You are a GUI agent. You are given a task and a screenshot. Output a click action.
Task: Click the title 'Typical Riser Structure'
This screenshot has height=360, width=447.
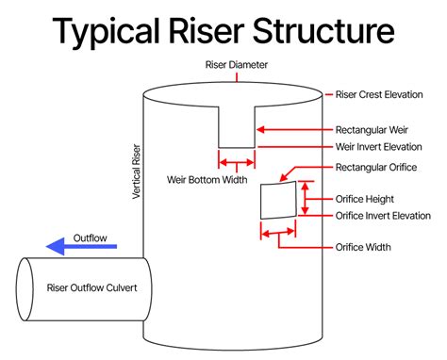coord(223,30)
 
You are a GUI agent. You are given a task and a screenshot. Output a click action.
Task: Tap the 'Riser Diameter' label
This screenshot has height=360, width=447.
coord(237,64)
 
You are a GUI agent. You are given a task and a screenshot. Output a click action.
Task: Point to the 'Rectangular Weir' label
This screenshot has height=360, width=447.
coord(372,129)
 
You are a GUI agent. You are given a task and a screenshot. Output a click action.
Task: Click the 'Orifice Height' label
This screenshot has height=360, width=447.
coord(365,199)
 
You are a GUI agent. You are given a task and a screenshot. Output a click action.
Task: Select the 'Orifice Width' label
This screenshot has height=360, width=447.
coord(363,248)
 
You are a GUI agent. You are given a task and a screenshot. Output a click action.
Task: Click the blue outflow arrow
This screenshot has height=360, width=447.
coord(82,248)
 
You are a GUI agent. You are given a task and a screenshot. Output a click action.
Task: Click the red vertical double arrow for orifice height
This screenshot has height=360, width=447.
coord(305,199)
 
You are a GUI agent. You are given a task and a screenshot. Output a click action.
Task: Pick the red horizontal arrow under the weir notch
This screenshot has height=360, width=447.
coord(236,162)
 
